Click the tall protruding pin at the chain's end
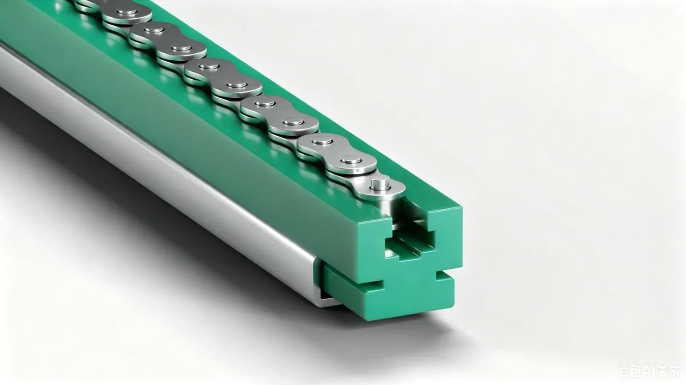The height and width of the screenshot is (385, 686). [x=380, y=184]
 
